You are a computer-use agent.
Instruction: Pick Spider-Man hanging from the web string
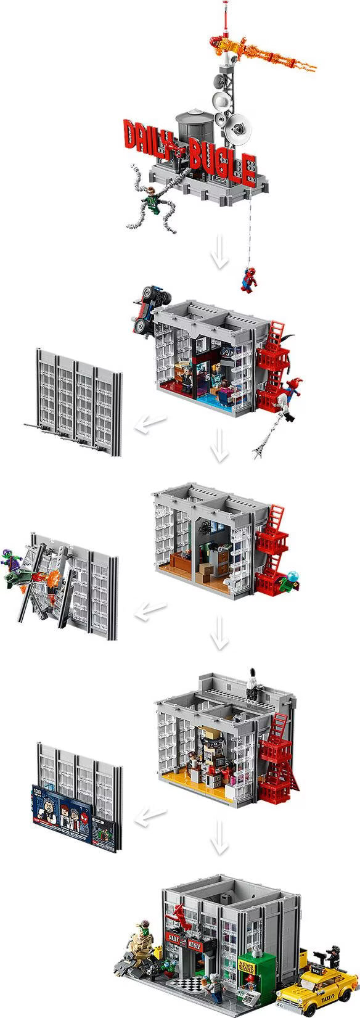250,277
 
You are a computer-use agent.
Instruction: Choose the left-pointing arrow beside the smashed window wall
150,610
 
